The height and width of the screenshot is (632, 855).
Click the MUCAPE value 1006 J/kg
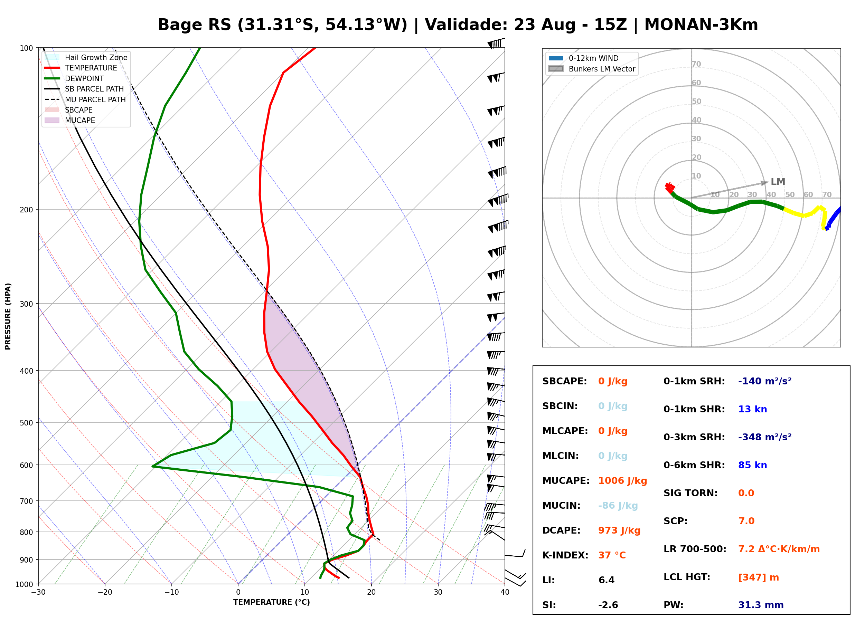point(622,481)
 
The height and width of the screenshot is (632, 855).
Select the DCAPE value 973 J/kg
point(619,530)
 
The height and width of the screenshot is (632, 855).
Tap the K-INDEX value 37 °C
point(612,555)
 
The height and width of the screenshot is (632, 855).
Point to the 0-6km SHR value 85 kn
point(752,465)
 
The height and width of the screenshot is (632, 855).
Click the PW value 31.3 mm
point(761,605)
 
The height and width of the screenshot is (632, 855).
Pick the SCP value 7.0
point(746,521)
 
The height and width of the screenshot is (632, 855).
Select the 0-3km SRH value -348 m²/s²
point(765,437)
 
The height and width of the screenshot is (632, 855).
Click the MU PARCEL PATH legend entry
point(85,99)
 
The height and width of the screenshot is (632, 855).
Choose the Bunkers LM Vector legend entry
point(592,69)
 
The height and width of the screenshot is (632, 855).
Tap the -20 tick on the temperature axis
point(105,592)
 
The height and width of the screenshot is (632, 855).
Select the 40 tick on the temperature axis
point(505,592)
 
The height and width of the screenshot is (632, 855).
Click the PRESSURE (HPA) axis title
point(8,316)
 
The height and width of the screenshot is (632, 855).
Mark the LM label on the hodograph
point(778,182)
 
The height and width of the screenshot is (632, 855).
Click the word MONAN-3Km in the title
point(701,25)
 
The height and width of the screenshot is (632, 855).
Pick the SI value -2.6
point(608,605)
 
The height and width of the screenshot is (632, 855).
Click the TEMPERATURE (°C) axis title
point(272,603)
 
